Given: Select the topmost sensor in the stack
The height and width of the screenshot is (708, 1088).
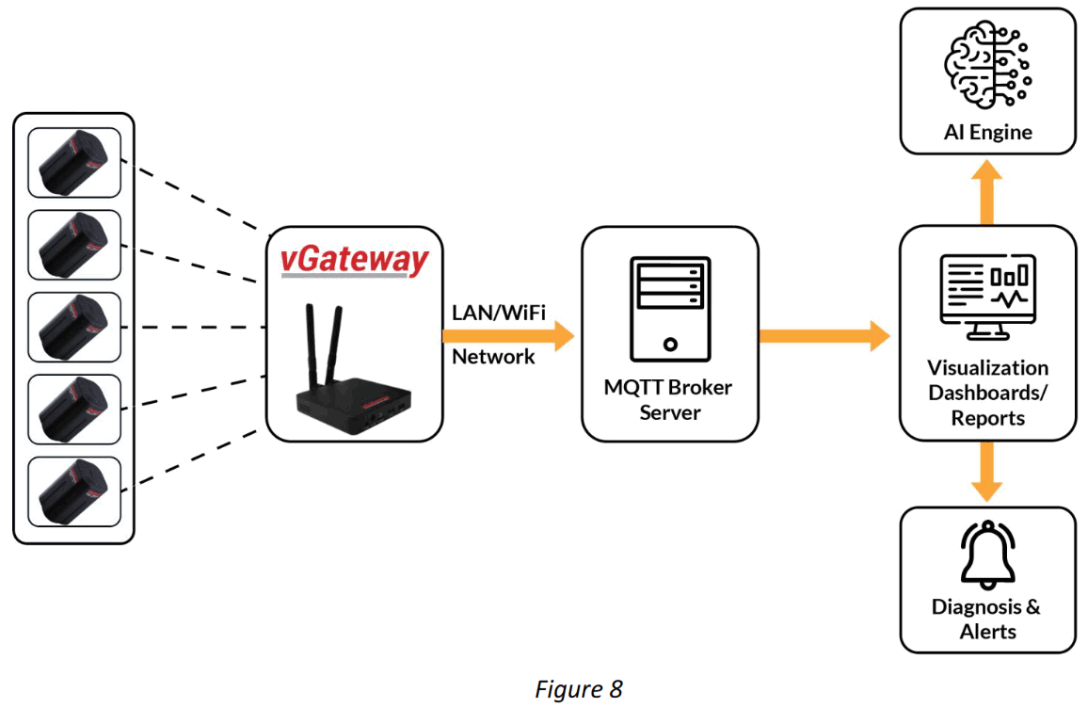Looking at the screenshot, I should click(74, 162).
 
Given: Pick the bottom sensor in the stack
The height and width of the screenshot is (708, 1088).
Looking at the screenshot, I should click(74, 491).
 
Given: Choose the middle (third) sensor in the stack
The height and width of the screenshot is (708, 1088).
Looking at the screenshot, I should click(74, 327).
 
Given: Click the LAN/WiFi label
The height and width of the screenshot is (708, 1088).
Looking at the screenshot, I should click(498, 311).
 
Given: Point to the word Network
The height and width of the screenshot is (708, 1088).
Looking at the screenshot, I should click(493, 357).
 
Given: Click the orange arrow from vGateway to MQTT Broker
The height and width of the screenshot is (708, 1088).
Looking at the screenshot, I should click(508, 334).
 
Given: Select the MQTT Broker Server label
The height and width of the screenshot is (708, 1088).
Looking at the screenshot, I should click(669, 399).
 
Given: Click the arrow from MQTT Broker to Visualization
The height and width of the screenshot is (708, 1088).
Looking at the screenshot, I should click(824, 334).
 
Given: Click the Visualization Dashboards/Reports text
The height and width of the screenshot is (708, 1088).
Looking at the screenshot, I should click(987, 393).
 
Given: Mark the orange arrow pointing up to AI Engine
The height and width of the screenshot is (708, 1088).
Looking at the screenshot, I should click(987, 192).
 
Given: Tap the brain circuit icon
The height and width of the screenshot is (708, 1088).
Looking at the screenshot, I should click(987, 66).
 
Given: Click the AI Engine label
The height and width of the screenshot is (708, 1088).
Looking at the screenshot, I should click(987, 132).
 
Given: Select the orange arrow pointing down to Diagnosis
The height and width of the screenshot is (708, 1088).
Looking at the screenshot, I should click(987, 471).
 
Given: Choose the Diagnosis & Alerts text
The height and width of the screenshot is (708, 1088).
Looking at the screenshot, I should click(987, 619).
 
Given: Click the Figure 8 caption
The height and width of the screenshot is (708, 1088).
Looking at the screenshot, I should click(579, 689).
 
